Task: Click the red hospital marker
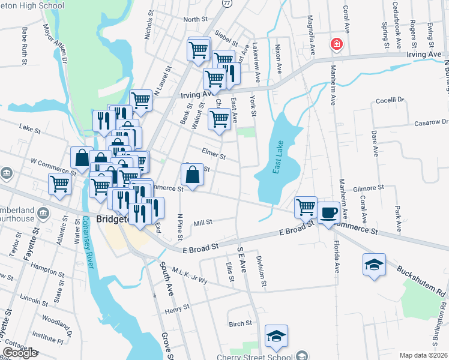pyautogui.click(x=337, y=44)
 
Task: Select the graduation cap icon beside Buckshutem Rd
pyautogui.click(x=373, y=265)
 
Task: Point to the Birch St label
pyautogui.click(x=240, y=323)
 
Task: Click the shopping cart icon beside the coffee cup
pyautogui.click(x=306, y=207)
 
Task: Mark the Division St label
pyautogui.click(x=261, y=270)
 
